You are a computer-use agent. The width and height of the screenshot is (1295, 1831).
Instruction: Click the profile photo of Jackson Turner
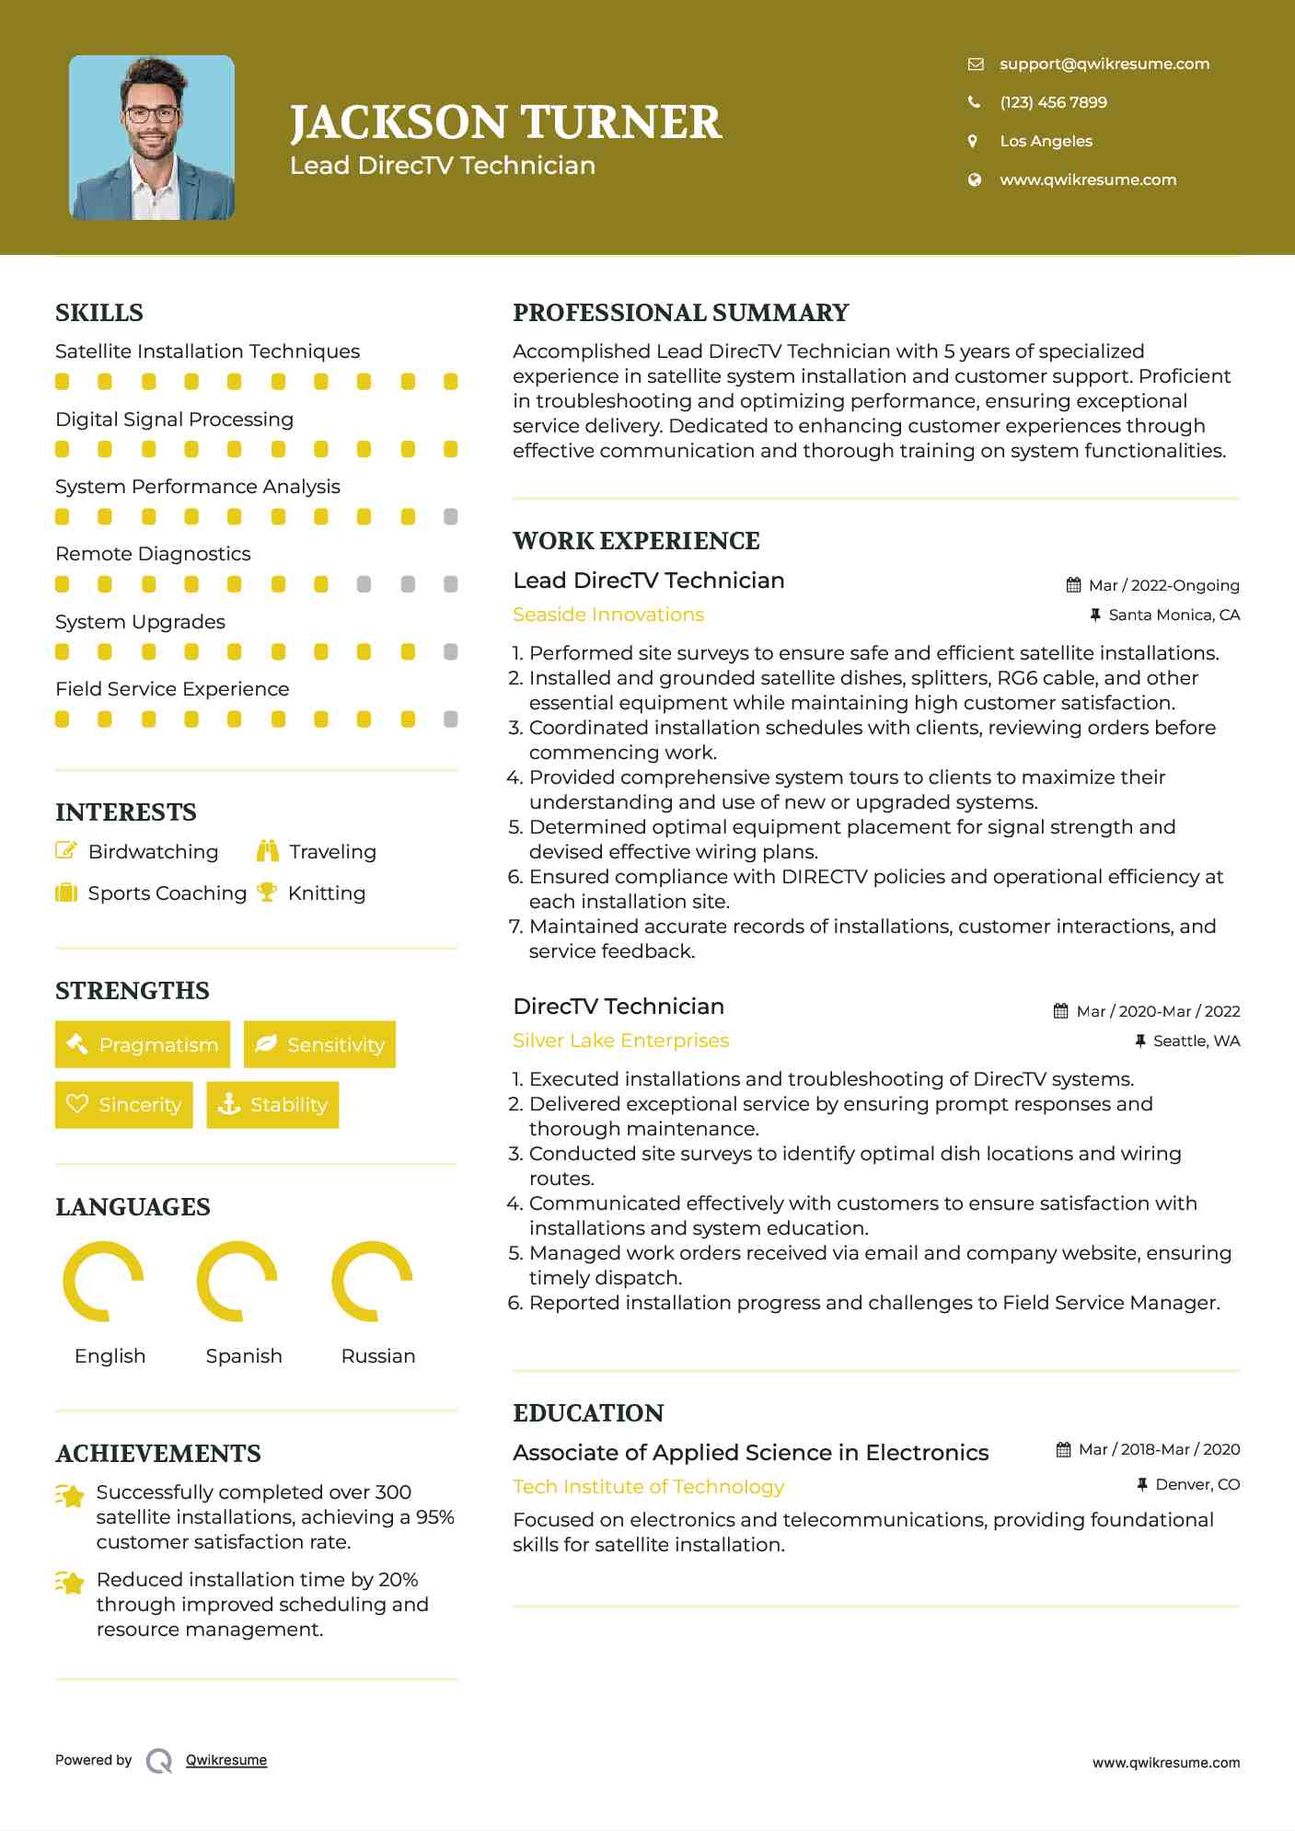(x=152, y=138)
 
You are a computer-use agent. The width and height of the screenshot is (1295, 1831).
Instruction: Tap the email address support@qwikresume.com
(x=1104, y=63)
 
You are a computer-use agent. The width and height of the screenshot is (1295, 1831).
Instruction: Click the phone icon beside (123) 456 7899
(x=974, y=102)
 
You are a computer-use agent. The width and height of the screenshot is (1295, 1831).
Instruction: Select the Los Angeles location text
(x=1046, y=141)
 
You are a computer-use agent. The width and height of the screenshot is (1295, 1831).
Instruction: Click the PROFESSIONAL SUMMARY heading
(x=680, y=313)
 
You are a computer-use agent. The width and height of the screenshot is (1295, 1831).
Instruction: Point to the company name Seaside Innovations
(x=607, y=615)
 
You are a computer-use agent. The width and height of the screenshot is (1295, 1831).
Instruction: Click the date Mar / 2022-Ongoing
(x=1163, y=585)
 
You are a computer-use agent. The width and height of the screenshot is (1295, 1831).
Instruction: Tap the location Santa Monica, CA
(x=1174, y=615)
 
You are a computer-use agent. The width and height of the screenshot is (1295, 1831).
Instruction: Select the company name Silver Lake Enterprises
(x=620, y=1041)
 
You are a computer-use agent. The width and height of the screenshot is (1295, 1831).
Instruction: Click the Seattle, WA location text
(x=1196, y=1041)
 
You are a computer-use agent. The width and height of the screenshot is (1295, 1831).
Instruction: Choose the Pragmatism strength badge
(x=143, y=1044)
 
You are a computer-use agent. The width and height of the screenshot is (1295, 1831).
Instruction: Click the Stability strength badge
(x=272, y=1104)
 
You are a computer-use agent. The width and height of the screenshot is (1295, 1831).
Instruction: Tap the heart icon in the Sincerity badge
(x=77, y=1103)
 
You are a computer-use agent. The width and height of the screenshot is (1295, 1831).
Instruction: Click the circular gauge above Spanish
(x=237, y=1281)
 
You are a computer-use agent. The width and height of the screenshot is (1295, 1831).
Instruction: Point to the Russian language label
(x=377, y=1356)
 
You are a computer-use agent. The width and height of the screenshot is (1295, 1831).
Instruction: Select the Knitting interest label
(x=326, y=893)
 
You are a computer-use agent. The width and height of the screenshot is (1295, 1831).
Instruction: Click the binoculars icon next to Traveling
(x=268, y=851)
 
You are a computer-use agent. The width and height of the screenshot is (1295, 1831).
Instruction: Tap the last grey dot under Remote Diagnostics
(x=450, y=584)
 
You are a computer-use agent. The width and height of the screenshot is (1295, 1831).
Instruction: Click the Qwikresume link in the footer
(x=225, y=1760)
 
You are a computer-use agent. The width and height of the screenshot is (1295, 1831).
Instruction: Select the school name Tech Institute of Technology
(x=648, y=1487)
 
